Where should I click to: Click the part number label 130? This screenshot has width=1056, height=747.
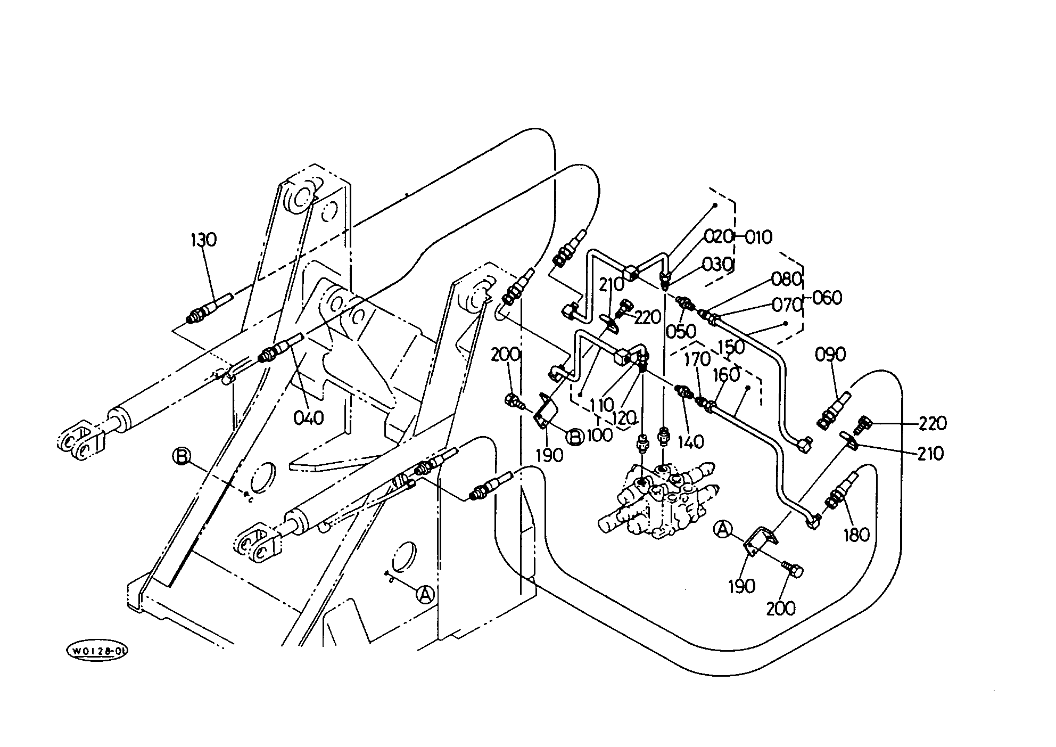[x=204, y=240]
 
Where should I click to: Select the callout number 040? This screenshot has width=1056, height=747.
[x=309, y=418]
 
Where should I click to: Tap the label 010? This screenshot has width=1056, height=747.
[x=758, y=237]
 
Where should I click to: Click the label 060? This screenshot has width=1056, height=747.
[x=827, y=298]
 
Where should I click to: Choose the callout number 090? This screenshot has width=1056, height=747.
[x=830, y=355]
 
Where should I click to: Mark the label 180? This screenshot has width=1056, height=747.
[x=856, y=535]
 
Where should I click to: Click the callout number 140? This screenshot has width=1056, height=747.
[x=691, y=441]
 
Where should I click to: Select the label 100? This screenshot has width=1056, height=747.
[x=600, y=435]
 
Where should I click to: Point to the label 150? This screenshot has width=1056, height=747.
[x=731, y=347]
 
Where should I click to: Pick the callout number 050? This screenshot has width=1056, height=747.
[x=681, y=331]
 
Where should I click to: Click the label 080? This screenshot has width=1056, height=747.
[x=786, y=279]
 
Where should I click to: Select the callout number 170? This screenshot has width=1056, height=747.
[x=697, y=359]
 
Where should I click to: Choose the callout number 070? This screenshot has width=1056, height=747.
[x=787, y=305]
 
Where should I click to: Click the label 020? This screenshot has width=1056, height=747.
[x=719, y=236]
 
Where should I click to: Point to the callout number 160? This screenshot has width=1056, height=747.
[x=726, y=375]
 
